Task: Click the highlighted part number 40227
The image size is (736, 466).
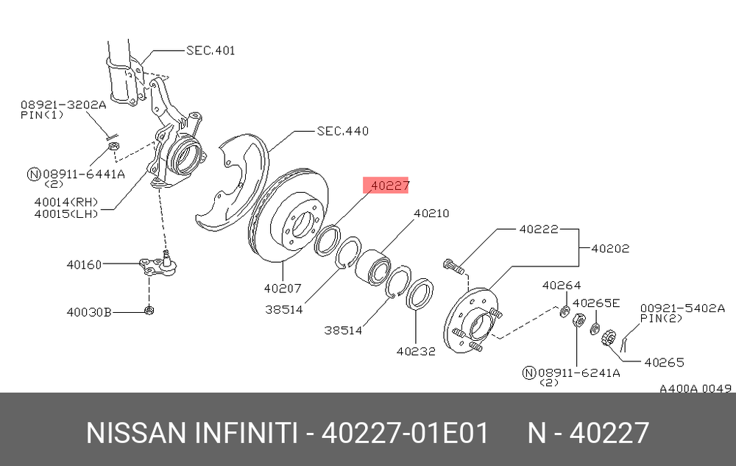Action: [390, 186]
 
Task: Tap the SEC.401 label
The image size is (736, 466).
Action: [210, 50]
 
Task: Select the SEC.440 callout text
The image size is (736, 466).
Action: [343, 131]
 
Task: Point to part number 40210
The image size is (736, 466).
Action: [431, 213]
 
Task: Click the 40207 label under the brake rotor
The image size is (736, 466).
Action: [283, 288]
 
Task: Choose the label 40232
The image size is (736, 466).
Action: [416, 351]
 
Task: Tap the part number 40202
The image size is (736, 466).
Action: [610, 248]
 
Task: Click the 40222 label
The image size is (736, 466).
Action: [539, 230]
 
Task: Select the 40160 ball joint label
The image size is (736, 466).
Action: [84, 265]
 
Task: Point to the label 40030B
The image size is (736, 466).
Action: [89, 312]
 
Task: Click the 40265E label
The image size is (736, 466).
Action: [596, 303]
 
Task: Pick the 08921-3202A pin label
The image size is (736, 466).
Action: [63, 105]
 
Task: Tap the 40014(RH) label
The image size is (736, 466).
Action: [66, 202]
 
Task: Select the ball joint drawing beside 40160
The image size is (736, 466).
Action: [159, 264]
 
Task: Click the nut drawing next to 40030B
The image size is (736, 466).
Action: [149, 310]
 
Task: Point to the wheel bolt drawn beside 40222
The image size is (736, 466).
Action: [453, 266]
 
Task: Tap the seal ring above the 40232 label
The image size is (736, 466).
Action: [420, 294]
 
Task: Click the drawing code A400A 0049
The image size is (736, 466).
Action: [696, 389]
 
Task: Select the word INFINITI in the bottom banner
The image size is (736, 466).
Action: [246, 433]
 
